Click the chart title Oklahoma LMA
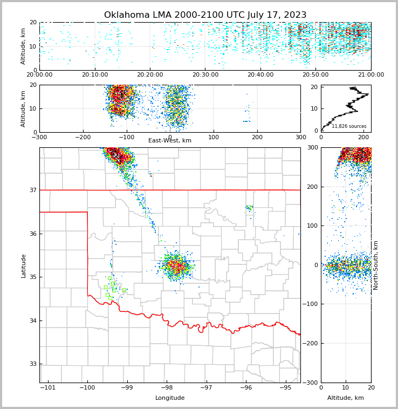point(205,15)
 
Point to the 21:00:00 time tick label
point(370,74)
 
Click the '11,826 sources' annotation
point(349,126)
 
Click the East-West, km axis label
point(170,141)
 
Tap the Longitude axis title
point(170,398)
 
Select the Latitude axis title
point(24,265)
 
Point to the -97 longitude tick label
point(206,387)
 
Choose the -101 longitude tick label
point(47,387)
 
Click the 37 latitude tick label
point(33,190)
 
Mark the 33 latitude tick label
point(33,364)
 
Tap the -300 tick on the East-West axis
point(39,137)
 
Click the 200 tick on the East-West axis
point(257,137)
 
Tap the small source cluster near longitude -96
point(249,208)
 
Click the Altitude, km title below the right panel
point(346,398)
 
